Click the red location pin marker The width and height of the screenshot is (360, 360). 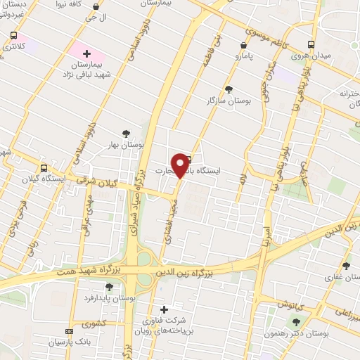coord(183,165)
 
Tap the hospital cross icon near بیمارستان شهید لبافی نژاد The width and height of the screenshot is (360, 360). coord(86,53)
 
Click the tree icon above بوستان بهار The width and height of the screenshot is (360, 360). coord(126,133)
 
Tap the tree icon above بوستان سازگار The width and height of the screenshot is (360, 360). coord(229,89)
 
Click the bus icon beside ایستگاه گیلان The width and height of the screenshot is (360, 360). coord(44,168)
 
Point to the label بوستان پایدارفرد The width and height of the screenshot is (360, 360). coord(108,299)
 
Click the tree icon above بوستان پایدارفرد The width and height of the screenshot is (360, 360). coord(109,287)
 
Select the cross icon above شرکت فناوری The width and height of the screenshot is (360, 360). coord(164,309)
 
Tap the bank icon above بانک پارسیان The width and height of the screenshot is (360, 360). coord(68,330)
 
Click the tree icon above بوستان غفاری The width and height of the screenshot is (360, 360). coord(345,265)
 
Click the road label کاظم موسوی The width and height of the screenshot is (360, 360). coord(263,32)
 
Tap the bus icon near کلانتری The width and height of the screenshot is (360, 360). coord(13,35)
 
